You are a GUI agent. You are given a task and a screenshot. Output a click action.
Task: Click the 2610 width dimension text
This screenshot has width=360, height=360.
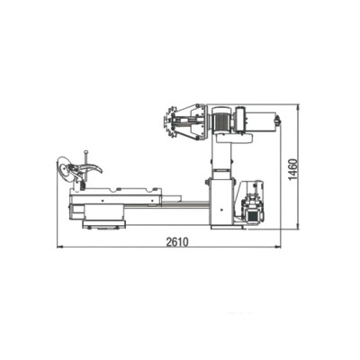pos(177,241)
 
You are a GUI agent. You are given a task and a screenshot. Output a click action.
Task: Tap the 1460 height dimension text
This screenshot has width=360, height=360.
pos(293,169)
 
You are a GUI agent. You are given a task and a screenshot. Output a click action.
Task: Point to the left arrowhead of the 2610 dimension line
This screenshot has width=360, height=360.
pos(59,247)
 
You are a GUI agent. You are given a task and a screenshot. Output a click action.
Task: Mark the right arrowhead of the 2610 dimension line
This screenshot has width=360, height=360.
pos(278,247)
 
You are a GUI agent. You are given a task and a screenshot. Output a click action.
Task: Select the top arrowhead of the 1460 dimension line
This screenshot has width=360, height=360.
pos(297,107)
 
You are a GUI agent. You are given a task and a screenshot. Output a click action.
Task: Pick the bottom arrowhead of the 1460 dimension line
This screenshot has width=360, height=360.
pos(297,227)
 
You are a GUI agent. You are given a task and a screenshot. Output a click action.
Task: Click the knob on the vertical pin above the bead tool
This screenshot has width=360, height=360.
pos(86,152)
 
